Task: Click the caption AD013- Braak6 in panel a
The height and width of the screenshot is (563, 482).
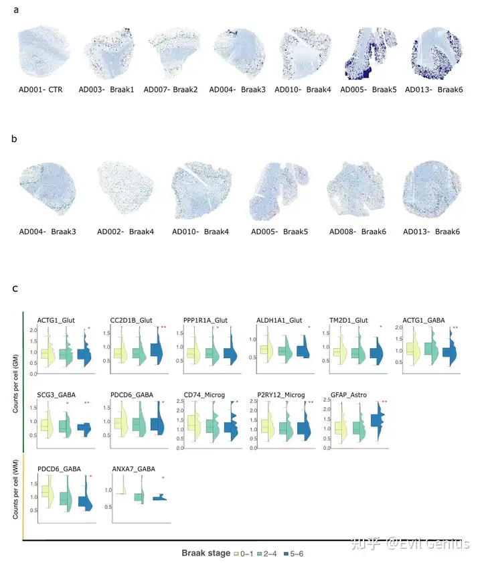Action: pos(433,89)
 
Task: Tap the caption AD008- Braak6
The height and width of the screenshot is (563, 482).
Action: pos(357,232)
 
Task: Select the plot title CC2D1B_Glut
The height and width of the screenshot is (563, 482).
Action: pos(132,320)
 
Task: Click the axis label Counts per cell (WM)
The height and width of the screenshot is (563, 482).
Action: pos(16,485)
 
